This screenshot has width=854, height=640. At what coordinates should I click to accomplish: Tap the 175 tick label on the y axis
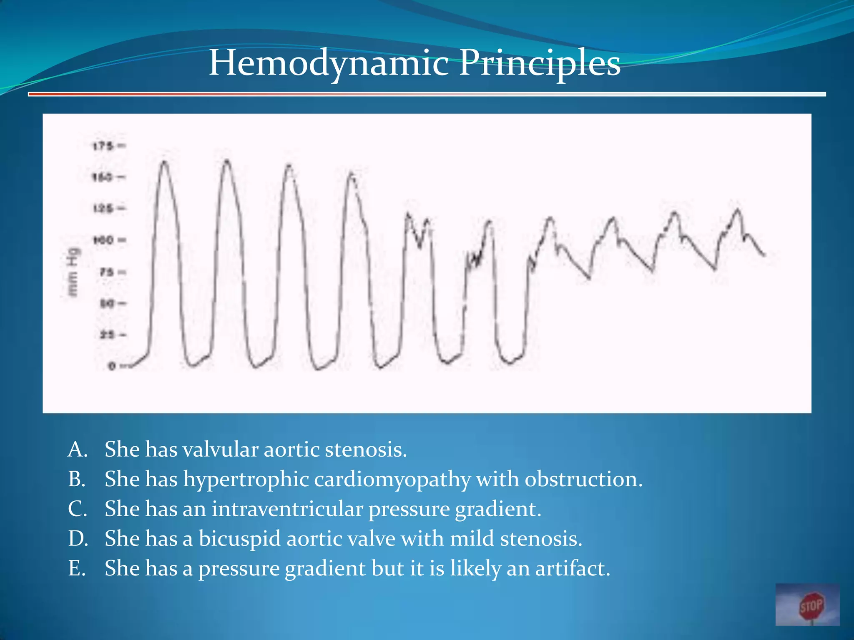pyautogui.click(x=103, y=146)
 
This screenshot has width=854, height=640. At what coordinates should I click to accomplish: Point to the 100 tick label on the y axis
pyautogui.click(x=103, y=240)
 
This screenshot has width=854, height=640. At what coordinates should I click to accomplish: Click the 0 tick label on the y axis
pyautogui.click(x=111, y=366)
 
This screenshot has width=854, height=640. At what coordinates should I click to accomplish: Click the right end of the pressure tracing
pyautogui.click(x=764, y=255)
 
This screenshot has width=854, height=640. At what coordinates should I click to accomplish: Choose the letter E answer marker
pyautogui.click(x=77, y=568)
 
